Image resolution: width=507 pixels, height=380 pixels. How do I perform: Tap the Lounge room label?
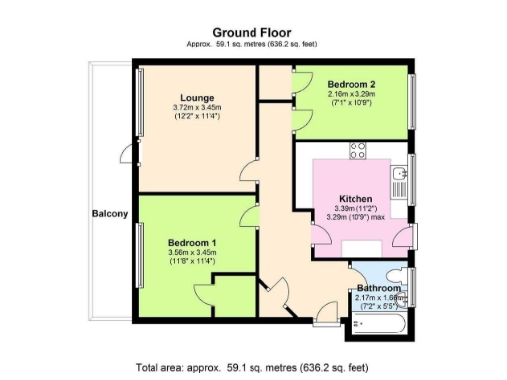[x=195, y=96]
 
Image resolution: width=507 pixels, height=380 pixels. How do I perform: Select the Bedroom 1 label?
[x=192, y=243]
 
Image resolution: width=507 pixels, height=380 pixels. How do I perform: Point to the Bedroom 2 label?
[x=351, y=85]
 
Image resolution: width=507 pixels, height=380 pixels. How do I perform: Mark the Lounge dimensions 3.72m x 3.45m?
[x=195, y=107]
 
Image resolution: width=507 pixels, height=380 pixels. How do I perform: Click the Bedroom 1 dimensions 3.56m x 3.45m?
[x=192, y=253]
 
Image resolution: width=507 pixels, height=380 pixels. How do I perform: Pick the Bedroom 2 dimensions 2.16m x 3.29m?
[x=351, y=95]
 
